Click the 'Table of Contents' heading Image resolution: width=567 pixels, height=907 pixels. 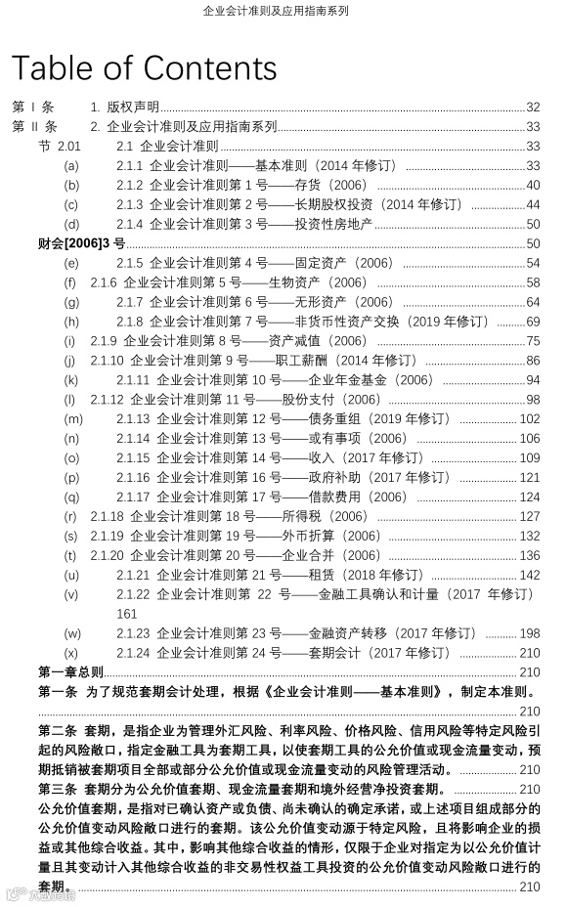pyautogui.click(x=145, y=67)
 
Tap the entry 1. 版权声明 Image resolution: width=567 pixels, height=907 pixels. pyautogui.click(x=125, y=108)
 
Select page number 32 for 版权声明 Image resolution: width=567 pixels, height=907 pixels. pyautogui.click(x=533, y=108)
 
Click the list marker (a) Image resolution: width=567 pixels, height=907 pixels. pyautogui.click(x=71, y=166)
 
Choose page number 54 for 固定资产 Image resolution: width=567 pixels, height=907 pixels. pyautogui.click(x=533, y=263)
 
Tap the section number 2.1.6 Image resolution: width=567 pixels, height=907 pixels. pyautogui.click(x=105, y=282)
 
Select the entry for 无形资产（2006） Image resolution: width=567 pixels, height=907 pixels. pyautogui.click(x=244, y=302)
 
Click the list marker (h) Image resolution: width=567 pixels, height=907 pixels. pyautogui.click(x=71, y=322)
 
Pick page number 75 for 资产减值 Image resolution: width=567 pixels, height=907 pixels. pyautogui.click(x=533, y=341)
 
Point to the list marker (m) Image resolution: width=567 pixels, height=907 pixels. pyautogui.click(x=73, y=418)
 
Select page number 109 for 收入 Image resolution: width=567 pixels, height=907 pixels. pyautogui.click(x=530, y=457)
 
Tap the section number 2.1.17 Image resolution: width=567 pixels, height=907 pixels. pyautogui.click(x=133, y=497)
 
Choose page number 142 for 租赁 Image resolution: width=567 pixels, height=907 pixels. pyautogui.click(x=530, y=575)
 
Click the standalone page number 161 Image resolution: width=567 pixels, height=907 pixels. pyautogui.click(x=127, y=614)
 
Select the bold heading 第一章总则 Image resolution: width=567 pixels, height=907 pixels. pyautogui.click(x=70, y=671)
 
